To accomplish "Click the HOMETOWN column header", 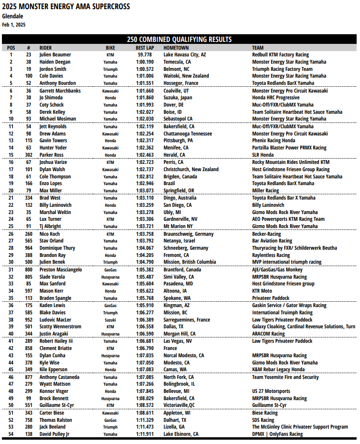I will coord(176,48).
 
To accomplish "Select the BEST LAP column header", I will coord(145,48).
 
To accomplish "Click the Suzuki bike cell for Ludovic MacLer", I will coord(111,320).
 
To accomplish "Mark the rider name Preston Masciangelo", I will coord(61,269).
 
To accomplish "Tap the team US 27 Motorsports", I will coord(271,391).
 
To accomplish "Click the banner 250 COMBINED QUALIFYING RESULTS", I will coord(179,40).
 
